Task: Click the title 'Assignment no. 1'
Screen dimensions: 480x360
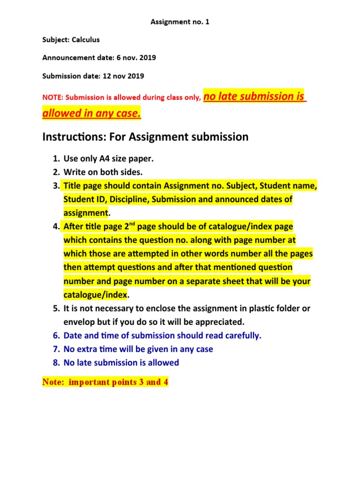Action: click(x=180, y=22)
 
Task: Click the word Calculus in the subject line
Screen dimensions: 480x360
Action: click(x=85, y=40)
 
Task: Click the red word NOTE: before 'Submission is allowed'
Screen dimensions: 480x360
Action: click(x=53, y=98)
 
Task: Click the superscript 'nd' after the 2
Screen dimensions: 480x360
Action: click(x=133, y=224)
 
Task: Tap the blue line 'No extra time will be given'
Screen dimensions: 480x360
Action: click(x=138, y=349)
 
